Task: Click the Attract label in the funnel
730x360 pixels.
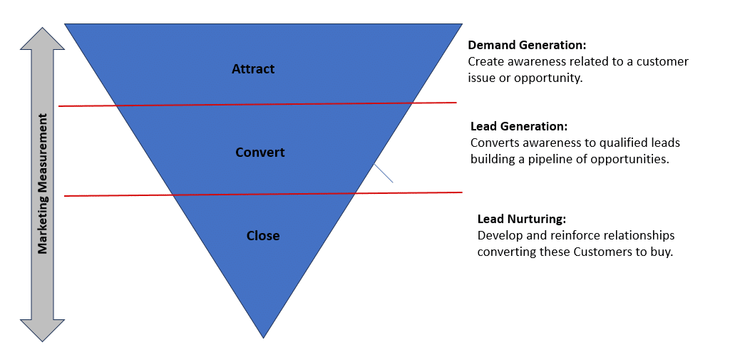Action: (x=253, y=69)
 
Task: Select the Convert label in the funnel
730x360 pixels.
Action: (x=259, y=153)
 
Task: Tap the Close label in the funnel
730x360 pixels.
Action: (x=263, y=236)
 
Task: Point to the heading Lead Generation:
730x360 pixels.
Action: (x=518, y=127)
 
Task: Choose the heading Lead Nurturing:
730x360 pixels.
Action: (x=521, y=219)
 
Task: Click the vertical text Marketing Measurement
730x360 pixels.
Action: (x=43, y=182)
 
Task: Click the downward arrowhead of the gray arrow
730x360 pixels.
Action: (x=43, y=329)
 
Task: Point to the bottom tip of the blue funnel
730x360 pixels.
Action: (x=264, y=336)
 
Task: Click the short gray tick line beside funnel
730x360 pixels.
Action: (x=384, y=173)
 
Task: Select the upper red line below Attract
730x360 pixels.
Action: (x=257, y=105)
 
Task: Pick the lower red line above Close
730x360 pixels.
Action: (x=264, y=194)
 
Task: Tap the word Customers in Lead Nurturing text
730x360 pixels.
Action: (x=601, y=252)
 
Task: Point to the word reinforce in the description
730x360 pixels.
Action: (x=570, y=235)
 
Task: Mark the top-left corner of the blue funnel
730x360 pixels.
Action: (x=66, y=25)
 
